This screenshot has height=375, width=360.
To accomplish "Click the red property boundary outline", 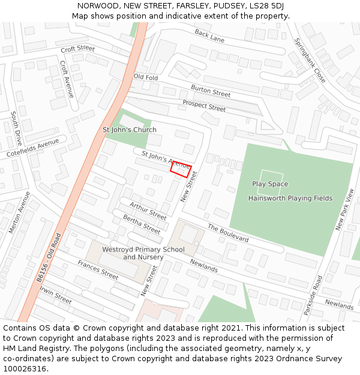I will pyautogui.click(x=181, y=169).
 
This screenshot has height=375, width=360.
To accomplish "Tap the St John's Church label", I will pyautogui.click(x=130, y=130).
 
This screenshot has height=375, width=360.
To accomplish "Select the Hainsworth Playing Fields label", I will pyautogui.click(x=290, y=198).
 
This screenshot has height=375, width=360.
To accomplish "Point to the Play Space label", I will pyautogui.click(x=270, y=184).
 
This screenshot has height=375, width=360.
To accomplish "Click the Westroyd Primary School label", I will pyautogui.click(x=143, y=249).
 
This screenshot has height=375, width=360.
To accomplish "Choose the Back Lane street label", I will pyautogui.click(x=209, y=37).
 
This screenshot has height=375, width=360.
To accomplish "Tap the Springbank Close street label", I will pyautogui.click(x=310, y=60).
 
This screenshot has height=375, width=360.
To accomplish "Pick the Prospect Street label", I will pyautogui.click(x=204, y=106).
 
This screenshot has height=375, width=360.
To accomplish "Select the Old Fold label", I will pyautogui.click(x=146, y=77).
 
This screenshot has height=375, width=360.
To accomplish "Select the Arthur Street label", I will pyautogui.click(x=148, y=211).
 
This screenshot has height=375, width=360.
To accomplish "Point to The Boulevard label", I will pyautogui.click(x=228, y=233).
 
